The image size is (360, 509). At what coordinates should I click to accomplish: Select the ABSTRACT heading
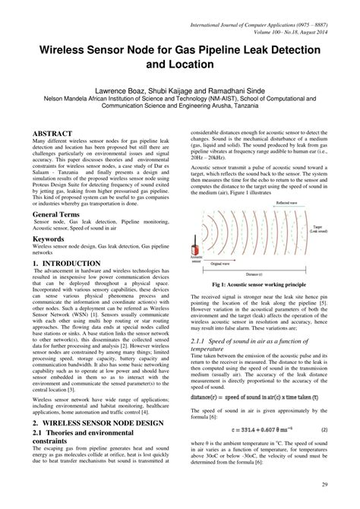click(51, 132)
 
